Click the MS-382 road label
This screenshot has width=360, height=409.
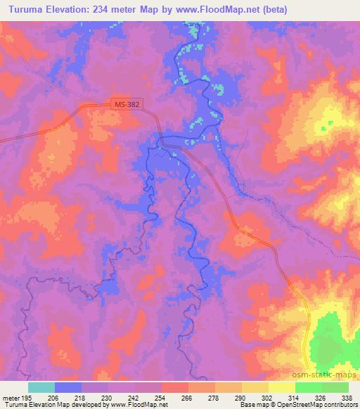(128, 104)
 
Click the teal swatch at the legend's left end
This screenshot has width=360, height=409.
(41, 387)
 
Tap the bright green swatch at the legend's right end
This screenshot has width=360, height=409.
(335, 387)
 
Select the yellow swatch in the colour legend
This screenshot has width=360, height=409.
(282, 387)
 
